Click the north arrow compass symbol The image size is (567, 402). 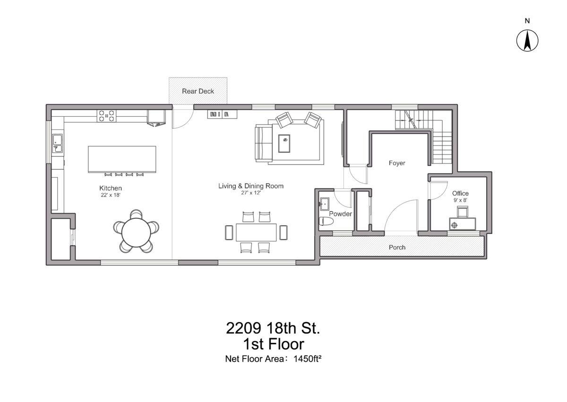527,41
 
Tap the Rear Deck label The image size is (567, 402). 198,91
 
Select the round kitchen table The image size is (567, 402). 136,232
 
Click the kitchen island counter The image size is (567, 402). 122,159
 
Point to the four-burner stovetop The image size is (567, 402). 107,116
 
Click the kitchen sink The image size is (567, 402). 58,144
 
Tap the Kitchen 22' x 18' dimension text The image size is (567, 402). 111,195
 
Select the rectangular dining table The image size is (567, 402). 256,232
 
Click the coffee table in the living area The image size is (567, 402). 284,144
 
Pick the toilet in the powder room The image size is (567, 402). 326,221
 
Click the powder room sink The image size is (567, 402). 325,204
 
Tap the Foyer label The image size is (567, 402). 397,163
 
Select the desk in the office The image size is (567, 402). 463,224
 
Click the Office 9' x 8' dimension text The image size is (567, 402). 460,200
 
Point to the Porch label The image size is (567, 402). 397,247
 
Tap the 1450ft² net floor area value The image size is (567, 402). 307,359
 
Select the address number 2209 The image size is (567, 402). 243,328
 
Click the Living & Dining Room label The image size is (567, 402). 251,186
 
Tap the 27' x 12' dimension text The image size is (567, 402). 250,193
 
